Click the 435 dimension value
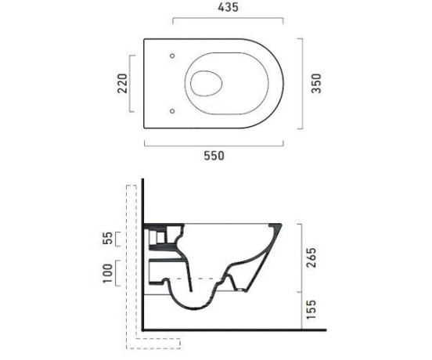[228, 8]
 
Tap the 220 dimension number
[123, 84]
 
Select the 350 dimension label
[316, 84]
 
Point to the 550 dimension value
[214, 156]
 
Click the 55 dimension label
[108, 238]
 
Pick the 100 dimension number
[108, 273]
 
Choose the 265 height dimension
[311, 257]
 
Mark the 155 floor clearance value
[311, 310]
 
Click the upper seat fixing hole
[172, 56]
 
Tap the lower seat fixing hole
[172, 111]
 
